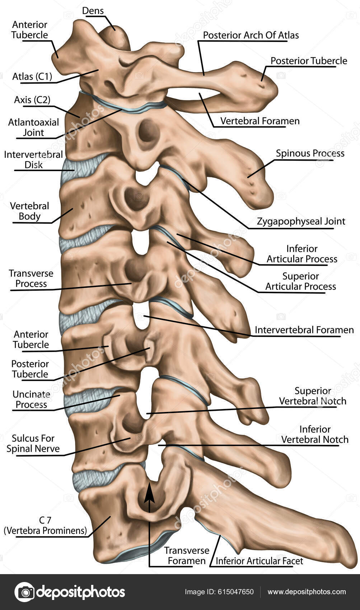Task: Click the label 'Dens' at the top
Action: (93, 11)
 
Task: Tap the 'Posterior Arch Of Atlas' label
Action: (251, 35)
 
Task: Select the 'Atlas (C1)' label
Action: (32, 76)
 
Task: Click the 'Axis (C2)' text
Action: (32, 100)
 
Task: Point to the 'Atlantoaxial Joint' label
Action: (33, 127)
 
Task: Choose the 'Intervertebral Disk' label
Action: (33, 160)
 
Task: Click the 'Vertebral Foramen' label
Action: (260, 121)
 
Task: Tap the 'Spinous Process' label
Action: (310, 154)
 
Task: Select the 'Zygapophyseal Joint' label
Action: (301, 221)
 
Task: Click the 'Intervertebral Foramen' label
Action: (304, 330)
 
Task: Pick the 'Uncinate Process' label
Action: (31, 399)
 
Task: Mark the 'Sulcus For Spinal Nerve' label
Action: (33, 444)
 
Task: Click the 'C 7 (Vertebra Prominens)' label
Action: (45, 525)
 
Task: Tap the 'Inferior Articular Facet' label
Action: (259, 561)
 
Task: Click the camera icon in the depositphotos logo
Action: (24, 592)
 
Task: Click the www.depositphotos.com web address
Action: (307, 592)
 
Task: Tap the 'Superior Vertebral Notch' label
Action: (313, 396)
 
